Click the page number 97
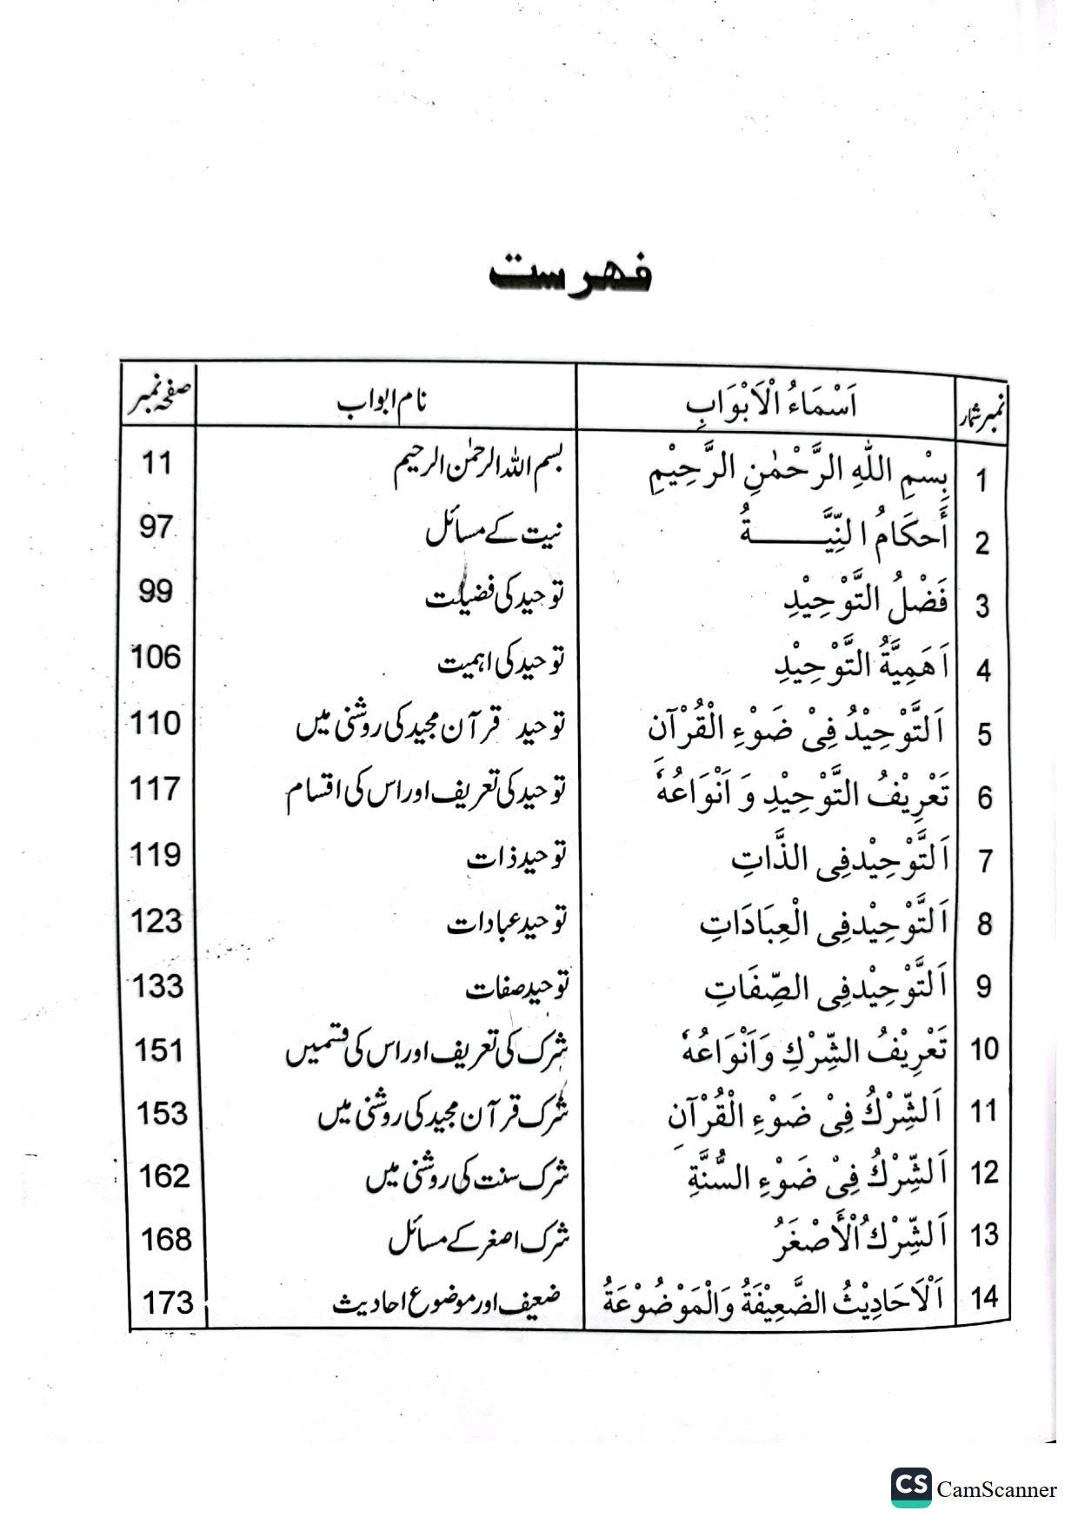156,527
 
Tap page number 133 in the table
158,986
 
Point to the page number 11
156,462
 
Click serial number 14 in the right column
984,1297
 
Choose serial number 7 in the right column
985,861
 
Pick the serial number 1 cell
982,480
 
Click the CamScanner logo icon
910,1487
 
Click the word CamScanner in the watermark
996,1489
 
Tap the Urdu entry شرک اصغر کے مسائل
479,1239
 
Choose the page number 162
164,1176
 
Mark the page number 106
156,658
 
